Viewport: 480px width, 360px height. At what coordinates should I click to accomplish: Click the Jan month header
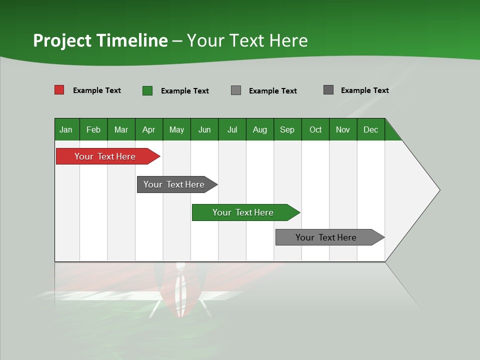[66, 129]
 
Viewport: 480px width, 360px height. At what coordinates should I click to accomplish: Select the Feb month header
[93, 129]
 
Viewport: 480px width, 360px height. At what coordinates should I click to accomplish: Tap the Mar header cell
[121, 129]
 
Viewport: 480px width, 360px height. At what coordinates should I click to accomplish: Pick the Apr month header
[149, 129]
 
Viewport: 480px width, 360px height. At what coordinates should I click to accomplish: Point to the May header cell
[176, 129]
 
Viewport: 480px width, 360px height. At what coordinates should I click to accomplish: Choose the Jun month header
[204, 129]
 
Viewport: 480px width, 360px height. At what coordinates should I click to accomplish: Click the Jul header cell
[232, 129]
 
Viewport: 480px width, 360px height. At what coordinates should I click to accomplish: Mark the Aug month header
[260, 129]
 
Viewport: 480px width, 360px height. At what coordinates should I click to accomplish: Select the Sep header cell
[287, 129]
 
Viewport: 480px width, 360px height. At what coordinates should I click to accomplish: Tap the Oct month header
[315, 129]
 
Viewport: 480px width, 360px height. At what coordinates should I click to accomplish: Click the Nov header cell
[343, 129]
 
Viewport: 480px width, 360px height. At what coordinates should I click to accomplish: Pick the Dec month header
[370, 129]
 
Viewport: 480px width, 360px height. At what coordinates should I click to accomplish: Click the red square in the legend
[59, 90]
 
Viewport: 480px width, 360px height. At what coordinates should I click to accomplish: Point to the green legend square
[147, 90]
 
